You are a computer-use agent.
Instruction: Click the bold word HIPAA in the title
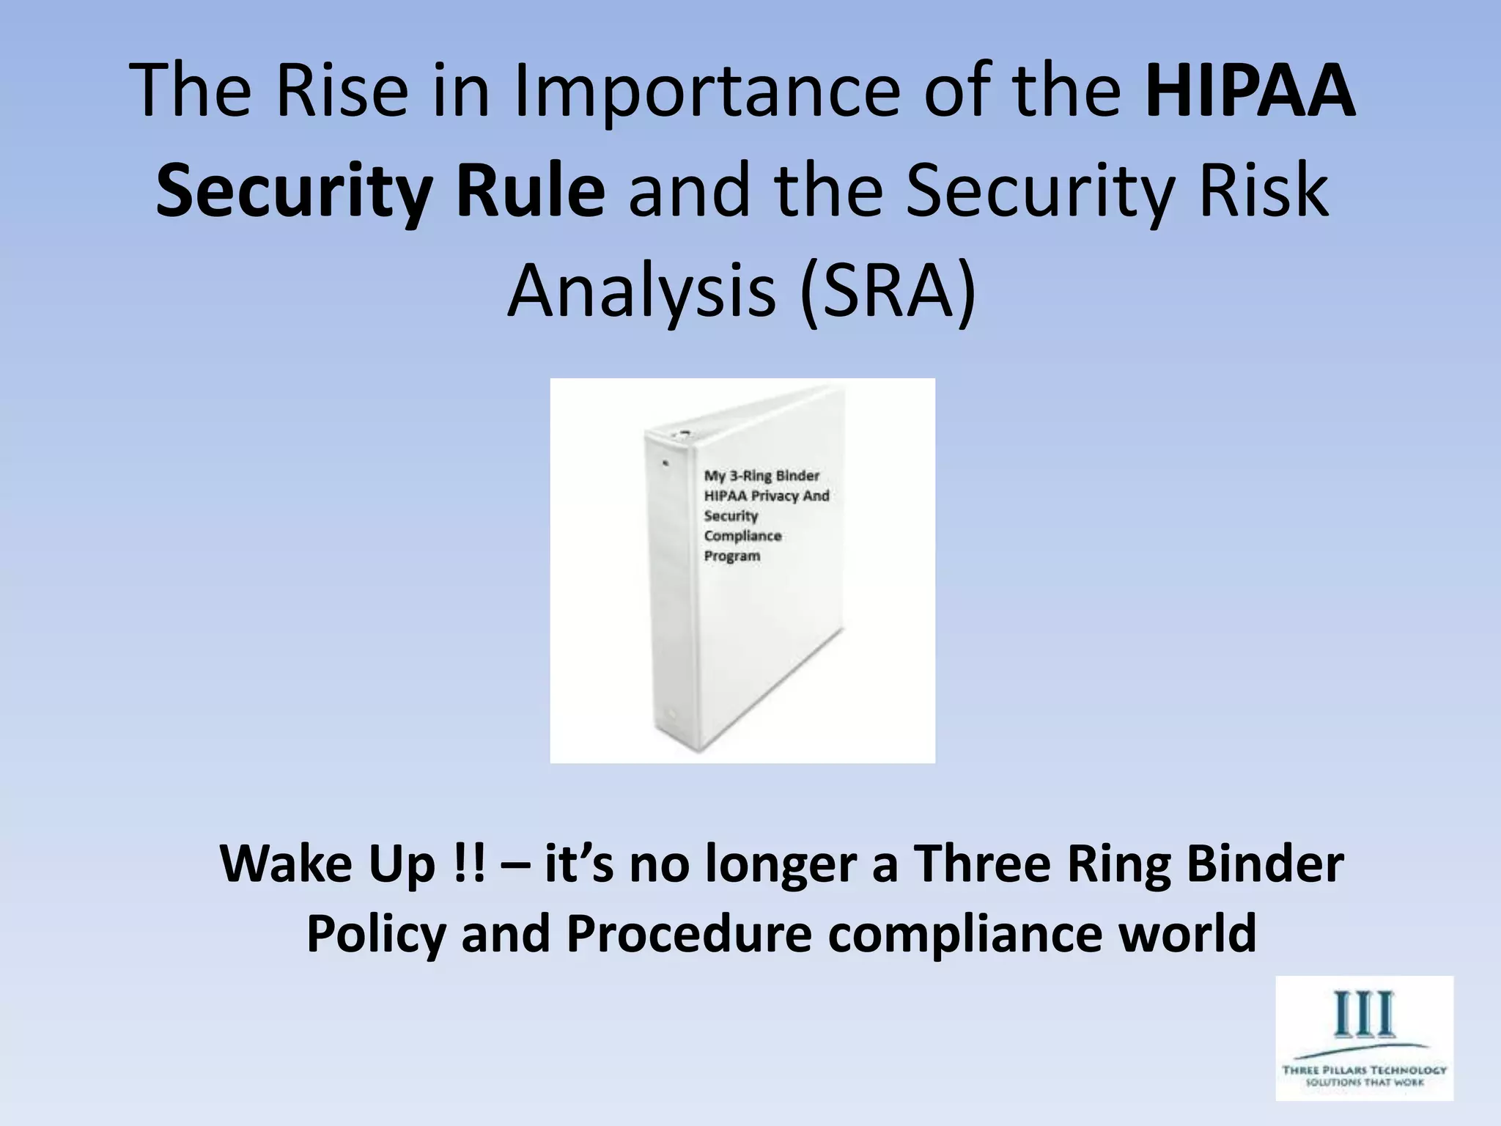pyautogui.click(x=1250, y=92)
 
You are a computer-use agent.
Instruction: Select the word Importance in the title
pyautogui.click(x=706, y=92)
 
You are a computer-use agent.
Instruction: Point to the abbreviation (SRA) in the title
pyautogui.click(x=888, y=290)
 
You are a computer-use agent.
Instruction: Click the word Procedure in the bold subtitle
pyautogui.click(x=689, y=933)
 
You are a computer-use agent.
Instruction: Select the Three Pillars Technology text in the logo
pyautogui.click(x=1364, y=1070)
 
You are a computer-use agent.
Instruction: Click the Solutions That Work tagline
pyautogui.click(x=1364, y=1083)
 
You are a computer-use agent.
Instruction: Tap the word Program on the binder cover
pyautogui.click(x=732, y=556)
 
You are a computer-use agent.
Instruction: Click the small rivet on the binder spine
pyautogui.click(x=665, y=463)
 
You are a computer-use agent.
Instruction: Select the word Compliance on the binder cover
pyautogui.click(x=742, y=536)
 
